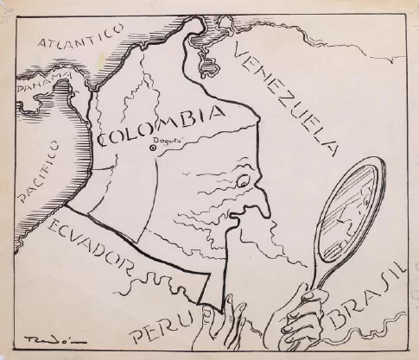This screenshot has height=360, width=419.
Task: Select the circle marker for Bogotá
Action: tap(153, 148)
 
